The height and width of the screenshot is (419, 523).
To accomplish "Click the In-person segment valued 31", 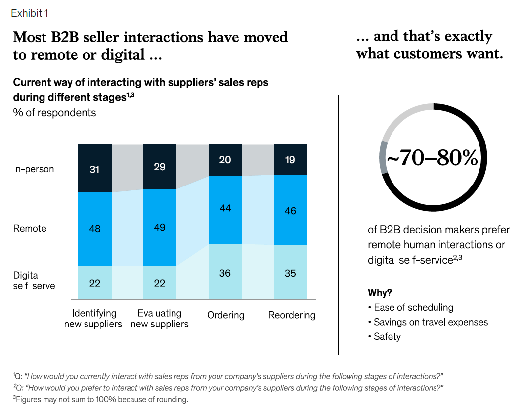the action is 95,168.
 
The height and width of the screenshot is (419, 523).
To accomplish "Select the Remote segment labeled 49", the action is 160,228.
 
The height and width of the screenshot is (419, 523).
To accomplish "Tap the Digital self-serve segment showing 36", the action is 225,272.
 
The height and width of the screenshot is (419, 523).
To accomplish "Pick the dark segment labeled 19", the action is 290,160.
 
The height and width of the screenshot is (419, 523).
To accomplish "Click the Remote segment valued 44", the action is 225,210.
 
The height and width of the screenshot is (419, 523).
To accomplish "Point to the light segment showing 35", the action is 290,273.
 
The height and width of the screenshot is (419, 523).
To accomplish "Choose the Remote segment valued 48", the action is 95,229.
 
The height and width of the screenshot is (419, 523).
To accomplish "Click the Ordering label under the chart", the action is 226,315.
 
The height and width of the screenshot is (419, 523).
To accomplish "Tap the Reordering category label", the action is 292,315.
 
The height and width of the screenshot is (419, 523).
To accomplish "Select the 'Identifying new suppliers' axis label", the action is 93,319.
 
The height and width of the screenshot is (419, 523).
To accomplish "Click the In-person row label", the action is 33,169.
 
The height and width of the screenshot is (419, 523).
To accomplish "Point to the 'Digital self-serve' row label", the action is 34,280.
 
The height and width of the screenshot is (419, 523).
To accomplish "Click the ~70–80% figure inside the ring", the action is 432,157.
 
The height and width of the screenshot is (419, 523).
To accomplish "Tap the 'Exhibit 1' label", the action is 30,13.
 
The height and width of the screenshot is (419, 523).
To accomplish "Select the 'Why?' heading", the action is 380,292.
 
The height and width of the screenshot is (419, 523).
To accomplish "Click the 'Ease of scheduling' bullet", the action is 411,307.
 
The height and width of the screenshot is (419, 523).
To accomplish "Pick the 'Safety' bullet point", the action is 384,336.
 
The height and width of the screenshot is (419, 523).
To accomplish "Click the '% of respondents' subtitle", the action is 54,113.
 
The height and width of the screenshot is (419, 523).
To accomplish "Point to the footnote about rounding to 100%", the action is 101,399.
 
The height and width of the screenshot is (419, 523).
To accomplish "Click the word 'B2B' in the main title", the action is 65,37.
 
